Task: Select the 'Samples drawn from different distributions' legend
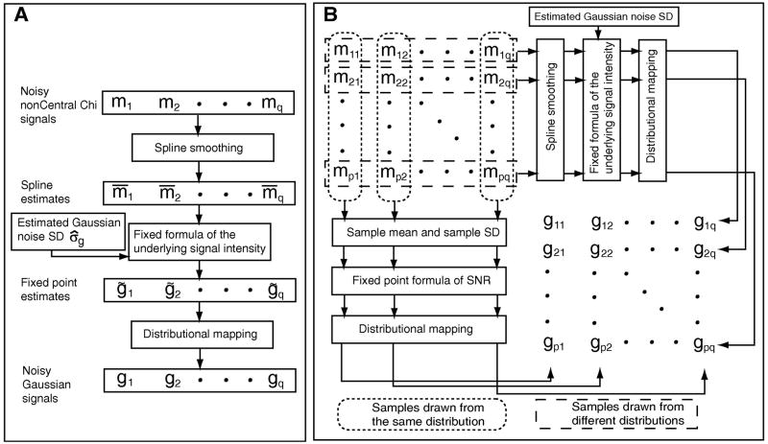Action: pos(615,412)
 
